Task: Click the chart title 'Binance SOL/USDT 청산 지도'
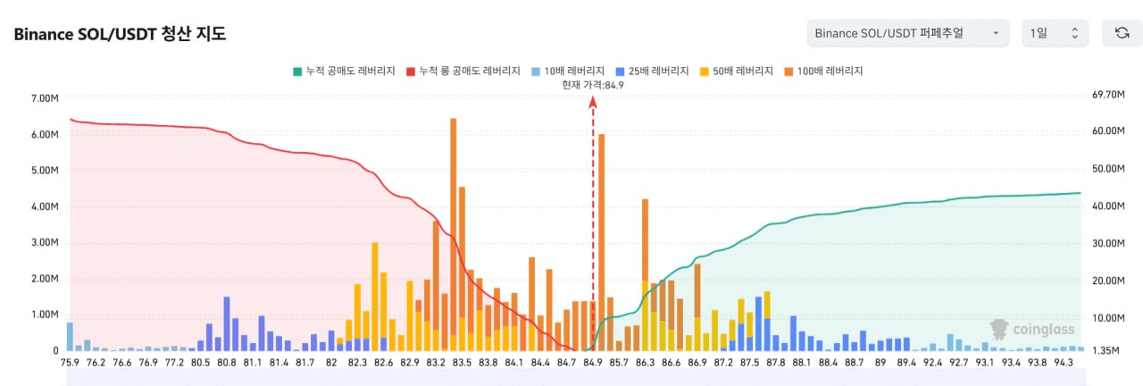tap(120, 35)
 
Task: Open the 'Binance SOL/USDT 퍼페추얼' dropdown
tap(907, 33)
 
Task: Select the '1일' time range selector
tap(1055, 33)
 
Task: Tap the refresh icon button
tap(1122, 33)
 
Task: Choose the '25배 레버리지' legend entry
tap(654, 71)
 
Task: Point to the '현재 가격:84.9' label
tap(592, 85)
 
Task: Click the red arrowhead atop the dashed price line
tap(592, 102)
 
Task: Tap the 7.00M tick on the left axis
tap(45, 98)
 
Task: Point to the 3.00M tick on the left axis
tap(45, 243)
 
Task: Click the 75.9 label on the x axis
tap(70, 363)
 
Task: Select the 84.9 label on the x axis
tap(593, 363)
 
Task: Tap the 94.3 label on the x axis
tap(1064, 363)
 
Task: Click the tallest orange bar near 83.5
tap(454, 223)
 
